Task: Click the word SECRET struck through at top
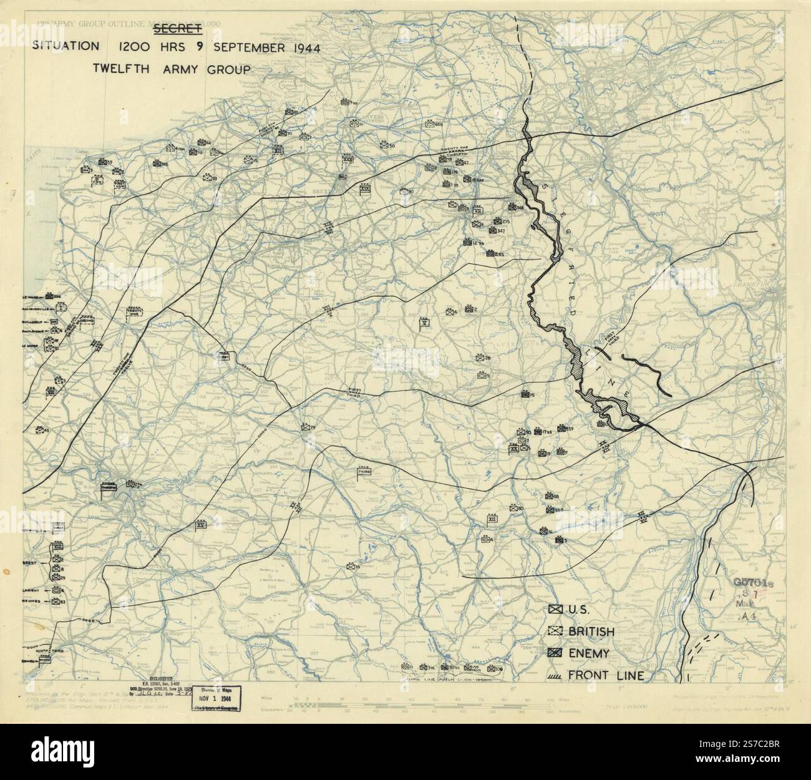177,28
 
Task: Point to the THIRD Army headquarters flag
364,472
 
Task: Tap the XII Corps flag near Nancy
492,519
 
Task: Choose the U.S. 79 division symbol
306,427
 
